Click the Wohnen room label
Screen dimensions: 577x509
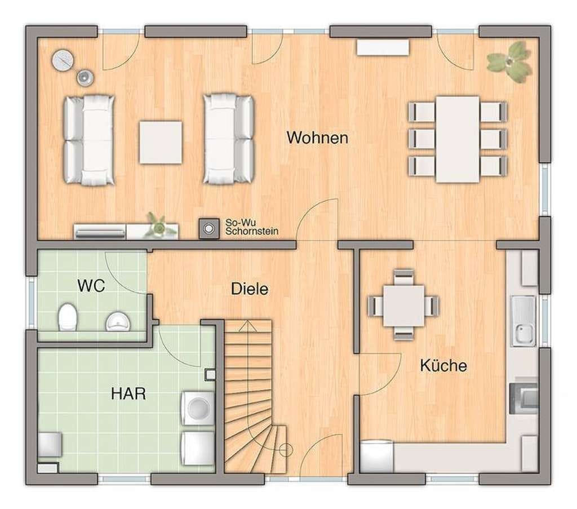pyautogui.click(x=317, y=138)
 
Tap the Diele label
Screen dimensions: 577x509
pyautogui.click(x=250, y=289)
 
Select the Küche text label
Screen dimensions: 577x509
pyautogui.click(x=443, y=365)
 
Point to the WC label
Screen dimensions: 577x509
pyautogui.click(x=91, y=286)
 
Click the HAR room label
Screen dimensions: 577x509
pyautogui.click(x=128, y=394)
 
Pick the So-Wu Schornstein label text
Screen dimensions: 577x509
pyautogui.click(x=252, y=227)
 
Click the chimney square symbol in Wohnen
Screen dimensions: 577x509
pyautogui.click(x=209, y=228)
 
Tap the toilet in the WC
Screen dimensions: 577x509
pyautogui.click(x=68, y=317)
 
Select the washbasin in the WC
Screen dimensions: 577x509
pyautogui.click(x=118, y=321)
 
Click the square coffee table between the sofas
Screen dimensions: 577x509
pyautogui.click(x=161, y=143)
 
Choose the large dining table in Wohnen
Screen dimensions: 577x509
pyautogui.click(x=458, y=139)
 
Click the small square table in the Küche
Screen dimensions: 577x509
pyautogui.click(x=403, y=306)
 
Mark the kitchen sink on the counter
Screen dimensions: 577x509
pyautogui.click(x=523, y=321)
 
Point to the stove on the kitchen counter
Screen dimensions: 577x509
pyautogui.click(x=524, y=399)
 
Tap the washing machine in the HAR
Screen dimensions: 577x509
pyautogui.click(x=198, y=408)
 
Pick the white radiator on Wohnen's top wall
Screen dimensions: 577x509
pyautogui.click(x=383, y=48)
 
